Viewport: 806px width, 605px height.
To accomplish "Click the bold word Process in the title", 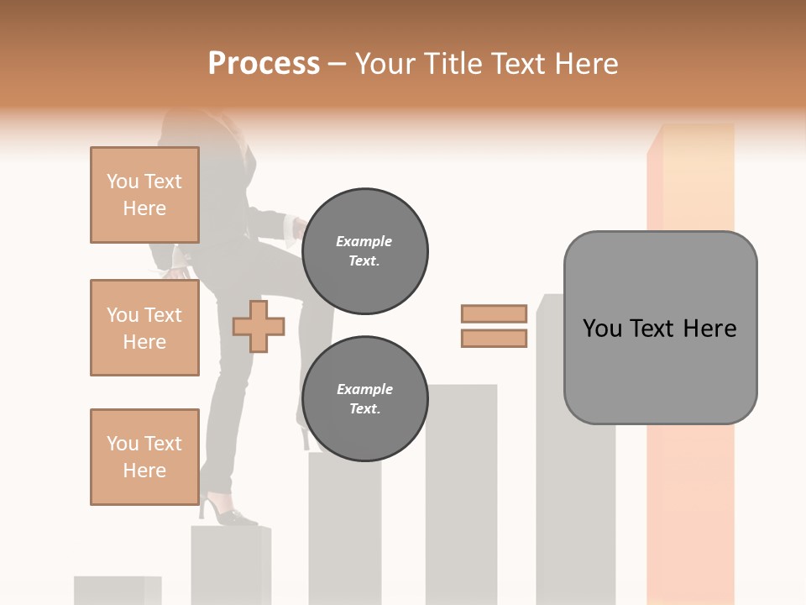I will coord(264,63).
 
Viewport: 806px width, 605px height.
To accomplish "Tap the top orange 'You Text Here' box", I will coord(144,195).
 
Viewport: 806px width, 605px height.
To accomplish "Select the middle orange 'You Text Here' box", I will coord(144,328).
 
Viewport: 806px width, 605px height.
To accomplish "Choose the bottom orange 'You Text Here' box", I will coord(144,456).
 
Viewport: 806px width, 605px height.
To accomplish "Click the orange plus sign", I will coord(259,327).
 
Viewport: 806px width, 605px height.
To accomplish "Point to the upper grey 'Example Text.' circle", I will coord(364,250).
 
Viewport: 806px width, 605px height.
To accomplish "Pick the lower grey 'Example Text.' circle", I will coord(364,398).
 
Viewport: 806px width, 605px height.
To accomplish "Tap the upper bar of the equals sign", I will coord(494,313).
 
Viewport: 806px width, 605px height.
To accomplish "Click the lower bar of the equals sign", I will coord(494,338).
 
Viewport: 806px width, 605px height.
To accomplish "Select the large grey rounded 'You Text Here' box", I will coord(660,328).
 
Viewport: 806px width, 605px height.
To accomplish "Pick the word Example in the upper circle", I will coord(364,241).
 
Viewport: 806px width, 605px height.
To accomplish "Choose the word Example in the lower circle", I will coord(364,389).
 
